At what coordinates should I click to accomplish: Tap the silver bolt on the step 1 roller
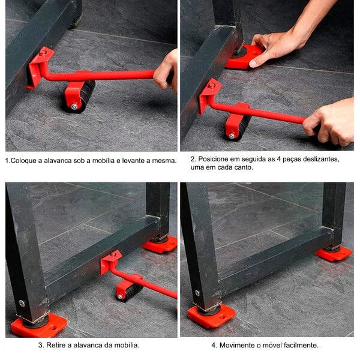coord(74,107)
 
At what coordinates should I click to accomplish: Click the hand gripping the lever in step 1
coord(166,71)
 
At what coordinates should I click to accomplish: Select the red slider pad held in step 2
coord(244,57)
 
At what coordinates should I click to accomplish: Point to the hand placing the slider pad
coord(284,41)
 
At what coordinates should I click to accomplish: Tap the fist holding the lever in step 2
coord(329,122)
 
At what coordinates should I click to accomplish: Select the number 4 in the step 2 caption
coord(278,159)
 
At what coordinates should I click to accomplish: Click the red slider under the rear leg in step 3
coord(160,244)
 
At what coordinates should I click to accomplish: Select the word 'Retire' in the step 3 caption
coord(55,345)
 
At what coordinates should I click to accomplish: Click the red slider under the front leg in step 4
coord(211,316)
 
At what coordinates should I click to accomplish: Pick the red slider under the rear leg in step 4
coord(334,253)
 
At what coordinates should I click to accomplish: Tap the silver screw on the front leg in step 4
coord(197,293)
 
